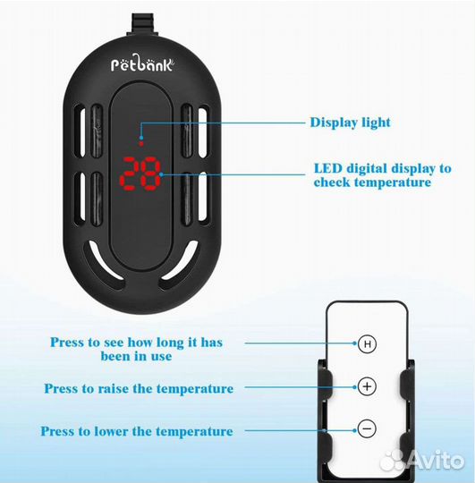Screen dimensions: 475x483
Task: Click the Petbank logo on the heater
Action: click(142, 64)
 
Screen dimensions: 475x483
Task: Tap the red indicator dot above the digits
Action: click(141, 143)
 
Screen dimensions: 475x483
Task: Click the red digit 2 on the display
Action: click(129, 174)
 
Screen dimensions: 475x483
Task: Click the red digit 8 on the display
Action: click(151, 174)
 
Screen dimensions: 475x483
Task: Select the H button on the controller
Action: click(367, 343)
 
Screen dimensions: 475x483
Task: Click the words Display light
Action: click(351, 123)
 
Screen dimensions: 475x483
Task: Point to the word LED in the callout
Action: click(328, 168)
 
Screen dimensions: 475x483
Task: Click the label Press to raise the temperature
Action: click(139, 388)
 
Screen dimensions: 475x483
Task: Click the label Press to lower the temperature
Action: click(137, 431)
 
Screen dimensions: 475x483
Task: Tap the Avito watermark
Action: click(422, 461)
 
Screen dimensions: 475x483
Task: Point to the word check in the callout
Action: click(332, 182)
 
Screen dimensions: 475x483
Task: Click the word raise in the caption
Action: click(113, 388)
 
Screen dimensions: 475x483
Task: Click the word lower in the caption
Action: click(111, 431)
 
